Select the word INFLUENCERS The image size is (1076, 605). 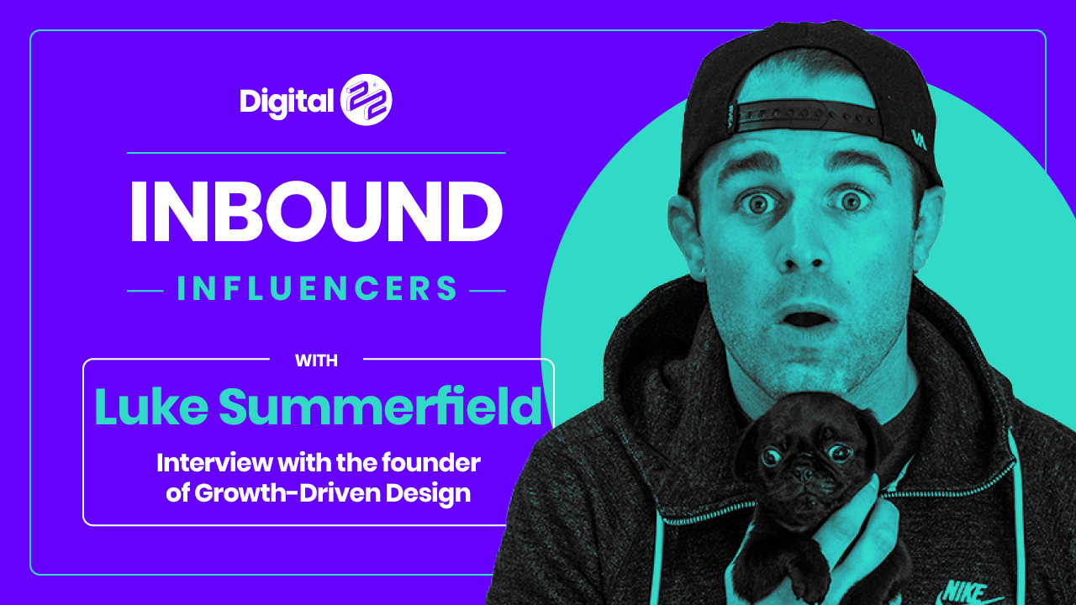317,288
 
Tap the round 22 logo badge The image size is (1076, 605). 366,100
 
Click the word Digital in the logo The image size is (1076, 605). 287,102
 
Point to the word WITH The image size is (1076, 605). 317,360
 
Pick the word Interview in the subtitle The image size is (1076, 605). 215,463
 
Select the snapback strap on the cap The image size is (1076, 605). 807,116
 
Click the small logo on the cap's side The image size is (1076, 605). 919,139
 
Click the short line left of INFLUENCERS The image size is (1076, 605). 145,291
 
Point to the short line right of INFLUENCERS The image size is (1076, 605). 487,291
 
